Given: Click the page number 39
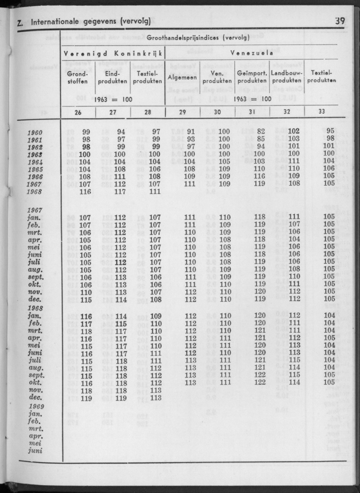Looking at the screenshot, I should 339,21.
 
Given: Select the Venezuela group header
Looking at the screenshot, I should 251,53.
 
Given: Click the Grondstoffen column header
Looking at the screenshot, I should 78,77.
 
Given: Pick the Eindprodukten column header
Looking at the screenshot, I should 113,77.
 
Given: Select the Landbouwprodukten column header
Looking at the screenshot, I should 286,77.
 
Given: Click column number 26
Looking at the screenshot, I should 78,112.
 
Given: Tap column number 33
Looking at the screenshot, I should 321,112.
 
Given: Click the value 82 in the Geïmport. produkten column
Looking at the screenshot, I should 261,132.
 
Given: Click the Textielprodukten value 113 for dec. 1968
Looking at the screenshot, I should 156,398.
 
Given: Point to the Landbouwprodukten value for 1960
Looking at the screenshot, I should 294,132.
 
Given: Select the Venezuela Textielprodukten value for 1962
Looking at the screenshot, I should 329,147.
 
